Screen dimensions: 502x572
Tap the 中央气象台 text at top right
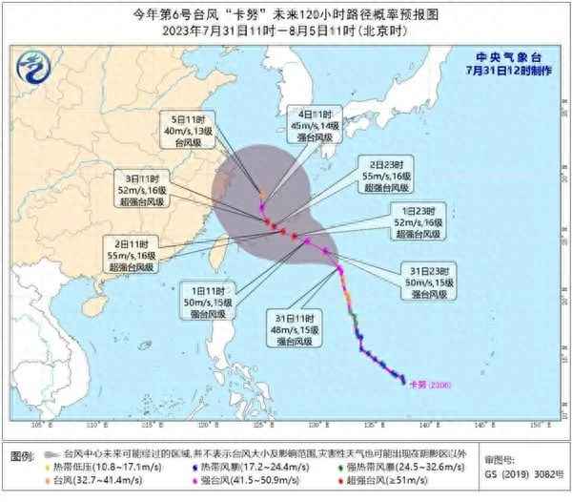point(497,57)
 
